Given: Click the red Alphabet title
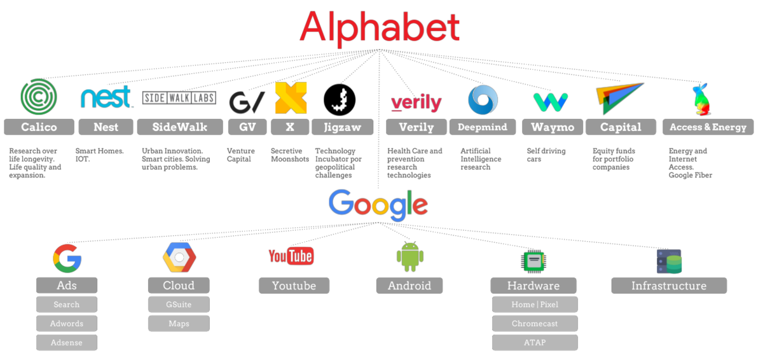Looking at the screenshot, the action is click(x=380, y=27).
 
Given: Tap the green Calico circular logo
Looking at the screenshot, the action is click(x=39, y=97).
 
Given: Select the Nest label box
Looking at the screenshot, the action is click(x=106, y=127).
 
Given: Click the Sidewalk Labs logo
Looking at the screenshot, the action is click(x=179, y=98).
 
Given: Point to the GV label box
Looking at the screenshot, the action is click(x=247, y=127).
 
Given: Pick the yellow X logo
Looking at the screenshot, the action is click(x=291, y=98).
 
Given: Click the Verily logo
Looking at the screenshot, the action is click(x=416, y=102).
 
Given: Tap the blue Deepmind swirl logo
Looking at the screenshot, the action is click(x=483, y=100).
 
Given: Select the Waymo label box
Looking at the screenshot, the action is click(x=552, y=127).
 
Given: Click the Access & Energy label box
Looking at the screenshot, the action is click(x=708, y=127).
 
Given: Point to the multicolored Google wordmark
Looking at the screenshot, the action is click(x=378, y=204).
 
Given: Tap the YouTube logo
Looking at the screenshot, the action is click(x=291, y=256).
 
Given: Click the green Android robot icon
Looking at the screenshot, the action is click(x=410, y=256).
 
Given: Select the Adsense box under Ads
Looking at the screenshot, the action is click(x=67, y=342).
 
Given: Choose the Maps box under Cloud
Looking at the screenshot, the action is click(x=179, y=323).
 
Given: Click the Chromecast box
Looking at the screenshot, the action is click(x=534, y=323).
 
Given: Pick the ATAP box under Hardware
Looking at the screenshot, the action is click(x=534, y=342).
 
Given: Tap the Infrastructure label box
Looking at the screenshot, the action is click(x=668, y=286).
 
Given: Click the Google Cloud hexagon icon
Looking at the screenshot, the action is click(x=179, y=258).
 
